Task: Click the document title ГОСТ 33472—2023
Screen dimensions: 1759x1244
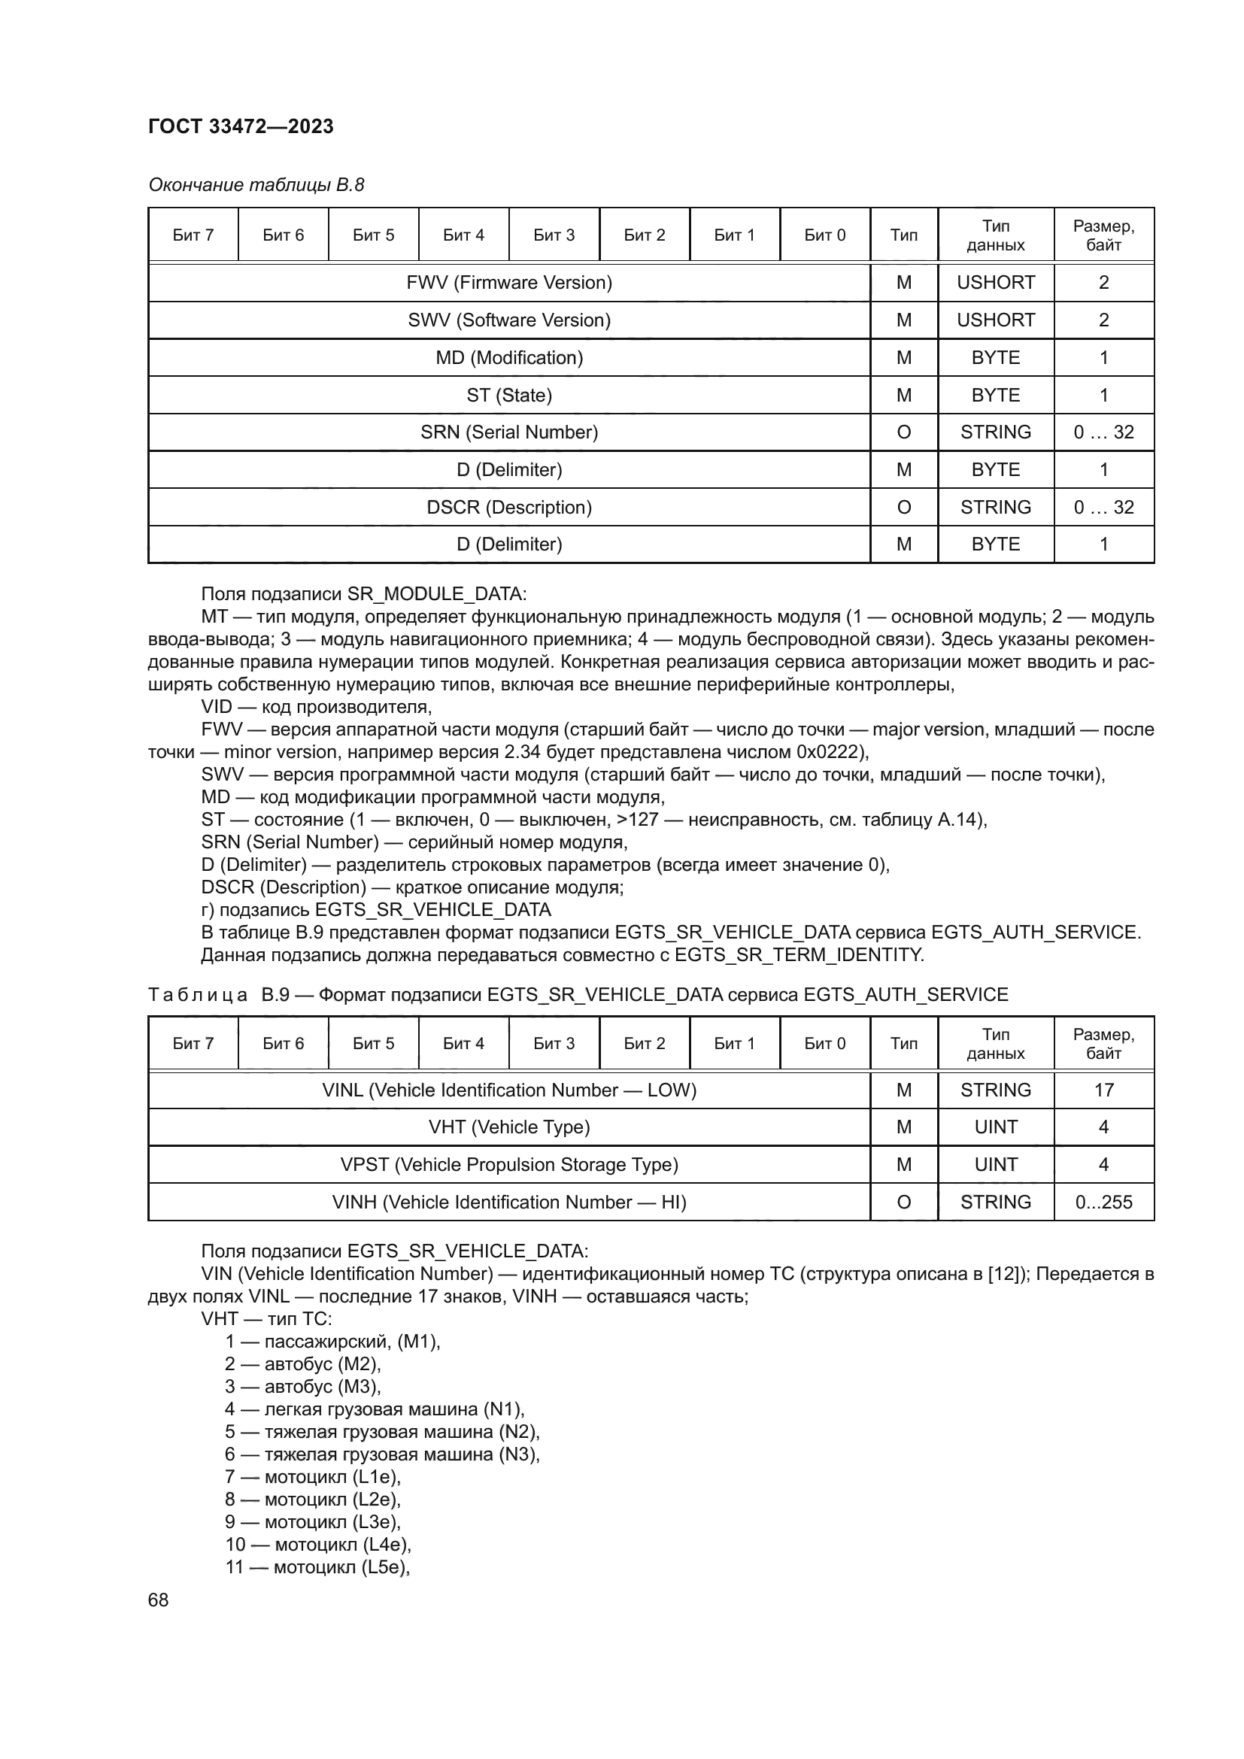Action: (x=241, y=126)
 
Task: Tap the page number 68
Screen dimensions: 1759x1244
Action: (x=158, y=1600)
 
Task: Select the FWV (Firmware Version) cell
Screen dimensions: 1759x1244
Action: (x=508, y=283)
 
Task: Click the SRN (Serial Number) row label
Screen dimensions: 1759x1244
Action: (x=508, y=432)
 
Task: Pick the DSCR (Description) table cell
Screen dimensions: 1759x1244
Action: (x=508, y=507)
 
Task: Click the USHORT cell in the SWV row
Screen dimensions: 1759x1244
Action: (x=995, y=320)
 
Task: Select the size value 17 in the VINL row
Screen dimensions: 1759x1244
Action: (x=1103, y=1090)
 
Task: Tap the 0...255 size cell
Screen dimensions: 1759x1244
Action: (x=1103, y=1202)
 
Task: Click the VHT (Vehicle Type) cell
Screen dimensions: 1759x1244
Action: (x=508, y=1127)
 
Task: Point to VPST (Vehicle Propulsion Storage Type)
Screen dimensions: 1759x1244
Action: (x=508, y=1164)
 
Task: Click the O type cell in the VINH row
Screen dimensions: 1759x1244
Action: (x=903, y=1202)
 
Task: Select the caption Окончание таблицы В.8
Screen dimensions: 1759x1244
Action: (x=256, y=185)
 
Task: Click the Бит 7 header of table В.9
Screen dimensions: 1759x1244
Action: (x=193, y=1044)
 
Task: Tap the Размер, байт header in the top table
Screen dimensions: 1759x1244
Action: (x=1103, y=235)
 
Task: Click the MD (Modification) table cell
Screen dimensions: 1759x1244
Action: (x=508, y=358)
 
